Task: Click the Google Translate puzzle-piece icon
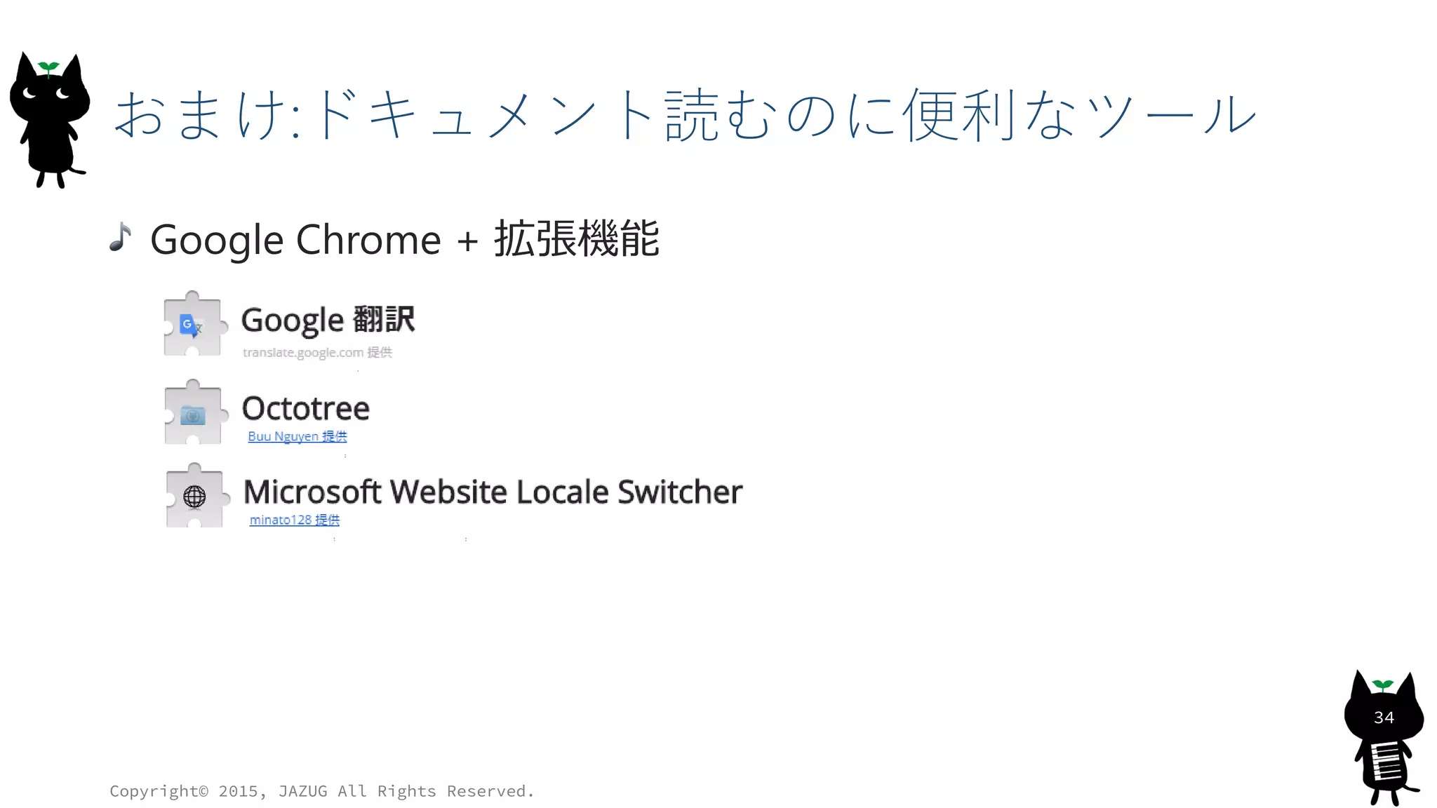[192, 325]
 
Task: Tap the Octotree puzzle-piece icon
[193, 414]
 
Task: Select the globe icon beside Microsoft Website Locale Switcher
[194, 497]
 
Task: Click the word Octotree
[305, 408]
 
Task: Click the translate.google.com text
[303, 353]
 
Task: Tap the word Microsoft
[312, 492]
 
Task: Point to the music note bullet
[121, 237]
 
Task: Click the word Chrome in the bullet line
[368, 240]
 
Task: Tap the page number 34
[1384, 718]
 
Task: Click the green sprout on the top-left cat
[48, 67]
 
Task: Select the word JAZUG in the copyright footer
[302, 791]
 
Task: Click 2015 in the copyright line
[238, 791]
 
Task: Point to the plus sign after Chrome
[467, 241]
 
